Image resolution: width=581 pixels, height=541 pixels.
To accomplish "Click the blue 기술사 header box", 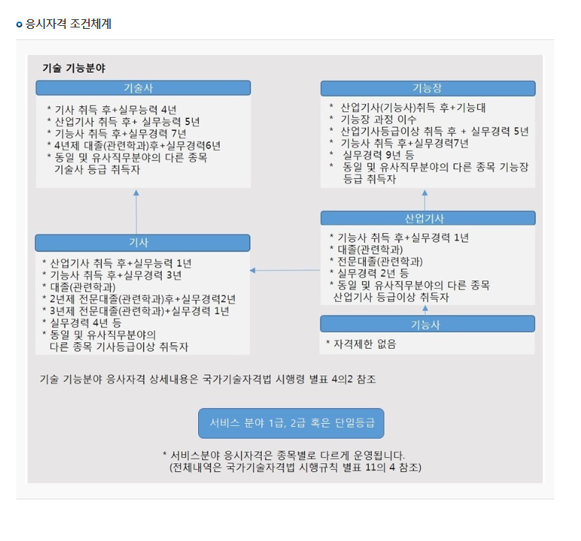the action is (142, 88).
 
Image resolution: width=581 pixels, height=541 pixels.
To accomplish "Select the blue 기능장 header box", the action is (427, 88).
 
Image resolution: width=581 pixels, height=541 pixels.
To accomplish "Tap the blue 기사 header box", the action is (142, 243).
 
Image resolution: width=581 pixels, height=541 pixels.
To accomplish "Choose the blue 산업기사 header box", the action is (427, 218).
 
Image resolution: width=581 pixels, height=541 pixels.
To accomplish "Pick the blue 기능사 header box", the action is (427, 324).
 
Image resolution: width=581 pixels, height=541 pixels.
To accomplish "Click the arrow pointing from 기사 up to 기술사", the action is (137, 212).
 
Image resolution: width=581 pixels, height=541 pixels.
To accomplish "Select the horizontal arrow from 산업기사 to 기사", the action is (286, 270).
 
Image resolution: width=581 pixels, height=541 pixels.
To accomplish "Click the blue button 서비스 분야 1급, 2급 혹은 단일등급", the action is (291, 423).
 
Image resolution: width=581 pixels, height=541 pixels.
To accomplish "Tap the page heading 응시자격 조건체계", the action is (68, 24).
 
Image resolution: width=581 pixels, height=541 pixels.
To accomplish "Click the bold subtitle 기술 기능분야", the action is (73, 68).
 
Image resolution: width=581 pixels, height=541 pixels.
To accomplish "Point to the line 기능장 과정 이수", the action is (378, 119).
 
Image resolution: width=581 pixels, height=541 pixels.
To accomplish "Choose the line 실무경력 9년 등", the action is (378, 154).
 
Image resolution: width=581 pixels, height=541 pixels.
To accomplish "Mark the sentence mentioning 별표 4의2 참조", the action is (208, 379).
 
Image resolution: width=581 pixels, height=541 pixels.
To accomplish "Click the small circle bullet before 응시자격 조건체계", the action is (20, 24).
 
